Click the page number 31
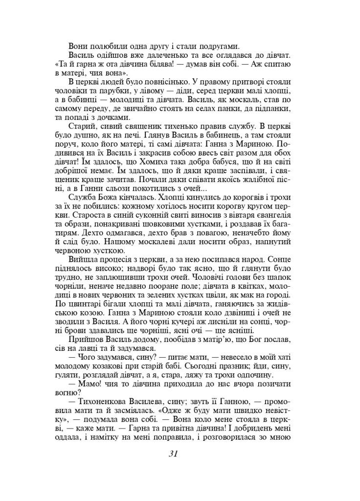[x=173, y=453]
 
